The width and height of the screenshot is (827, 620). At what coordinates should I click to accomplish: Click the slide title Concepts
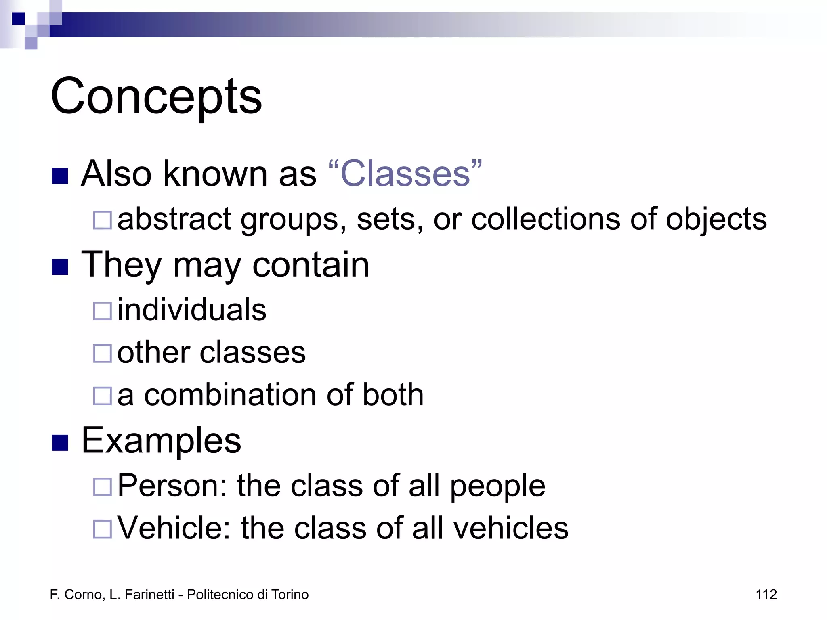(156, 97)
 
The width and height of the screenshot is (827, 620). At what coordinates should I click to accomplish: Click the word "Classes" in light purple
(405, 174)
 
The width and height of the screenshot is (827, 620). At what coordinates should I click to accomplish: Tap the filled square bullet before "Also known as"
(60, 176)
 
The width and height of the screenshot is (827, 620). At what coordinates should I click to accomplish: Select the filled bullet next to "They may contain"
(60, 267)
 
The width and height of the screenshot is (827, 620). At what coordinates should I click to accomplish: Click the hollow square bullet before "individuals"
(102, 311)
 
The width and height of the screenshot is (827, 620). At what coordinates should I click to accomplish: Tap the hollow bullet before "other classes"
(102, 354)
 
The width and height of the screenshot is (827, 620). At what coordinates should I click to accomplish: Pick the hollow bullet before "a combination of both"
(102, 396)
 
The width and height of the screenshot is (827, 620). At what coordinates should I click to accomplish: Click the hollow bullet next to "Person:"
(102, 487)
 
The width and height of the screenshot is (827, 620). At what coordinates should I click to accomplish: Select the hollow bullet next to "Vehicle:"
(102, 529)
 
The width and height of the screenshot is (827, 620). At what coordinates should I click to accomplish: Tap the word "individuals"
(192, 310)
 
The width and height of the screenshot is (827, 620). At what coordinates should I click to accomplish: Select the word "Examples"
(161, 441)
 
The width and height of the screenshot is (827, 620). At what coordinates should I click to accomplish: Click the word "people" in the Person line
(497, 486)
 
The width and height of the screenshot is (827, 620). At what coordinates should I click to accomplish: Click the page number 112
(766, 595)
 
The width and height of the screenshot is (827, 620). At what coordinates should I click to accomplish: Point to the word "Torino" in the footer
(290, 595)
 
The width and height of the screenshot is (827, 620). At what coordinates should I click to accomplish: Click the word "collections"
(545, 219)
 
